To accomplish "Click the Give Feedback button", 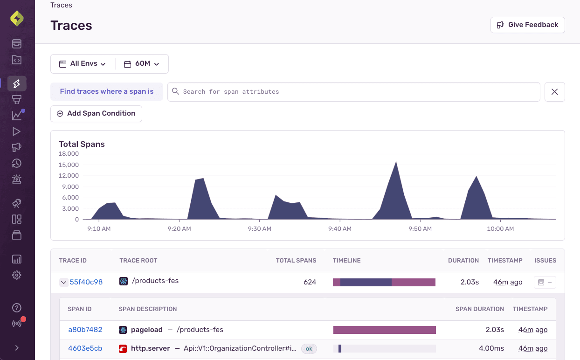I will tap(527, 25).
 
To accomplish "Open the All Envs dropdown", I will tap(83, 64).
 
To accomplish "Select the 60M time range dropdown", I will tap(142, 64).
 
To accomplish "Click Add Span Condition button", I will tap(96, 113).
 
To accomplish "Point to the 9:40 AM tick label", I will tap(340, 228).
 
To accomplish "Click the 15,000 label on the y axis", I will tap(69, 165).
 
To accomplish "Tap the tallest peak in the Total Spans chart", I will tap(396, 163).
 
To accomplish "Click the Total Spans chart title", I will tap(82, 144).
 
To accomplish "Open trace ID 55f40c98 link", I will tap(86, 282).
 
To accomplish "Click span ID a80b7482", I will tap(85, 330).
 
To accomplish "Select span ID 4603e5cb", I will tap(85, 348).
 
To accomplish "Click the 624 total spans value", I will tap(310, 282).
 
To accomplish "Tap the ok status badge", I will tap(309, 348).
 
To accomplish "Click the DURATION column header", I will tap(463, 261).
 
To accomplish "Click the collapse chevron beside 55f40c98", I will tap(64, 282).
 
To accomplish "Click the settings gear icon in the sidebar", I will tap(17, 275).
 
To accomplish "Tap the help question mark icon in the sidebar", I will tap(17, 308).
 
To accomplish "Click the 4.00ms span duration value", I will tap(491, 348).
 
